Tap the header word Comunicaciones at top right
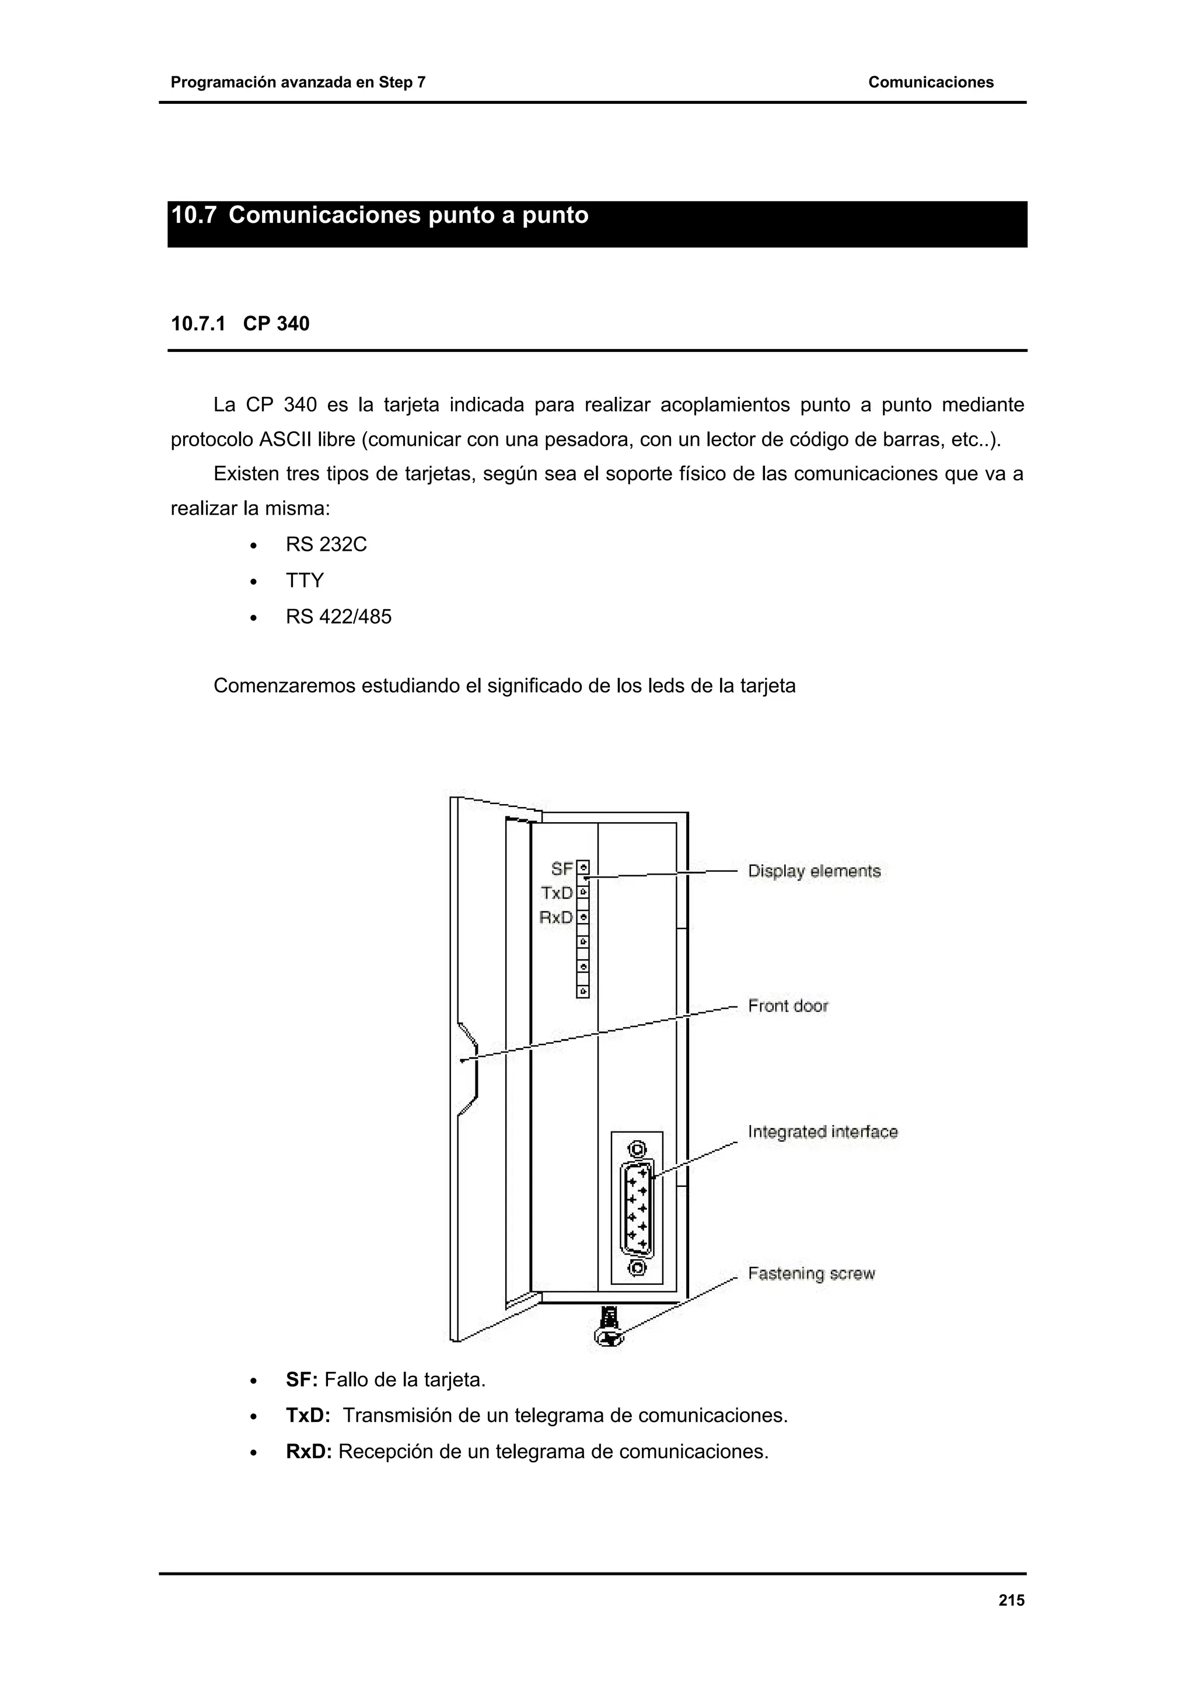[x=930, y=82]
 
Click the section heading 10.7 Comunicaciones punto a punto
[x=379, y=216]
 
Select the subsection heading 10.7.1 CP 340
[x=240, y=324]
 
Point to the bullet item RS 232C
[x=326, y=544]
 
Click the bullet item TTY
[x=305, y=581]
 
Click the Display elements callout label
[x=813, y=871]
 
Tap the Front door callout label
[x=788, y=1006]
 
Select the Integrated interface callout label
[x=822, y=1132]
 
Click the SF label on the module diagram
[x=562, y=869]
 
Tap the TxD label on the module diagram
[x=557, y=893]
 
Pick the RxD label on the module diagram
[x=556, y=918]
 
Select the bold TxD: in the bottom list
[x=307, y=1416]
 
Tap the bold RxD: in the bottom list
[x=309, y=1452]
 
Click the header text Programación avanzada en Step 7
[x=298, y=82]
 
